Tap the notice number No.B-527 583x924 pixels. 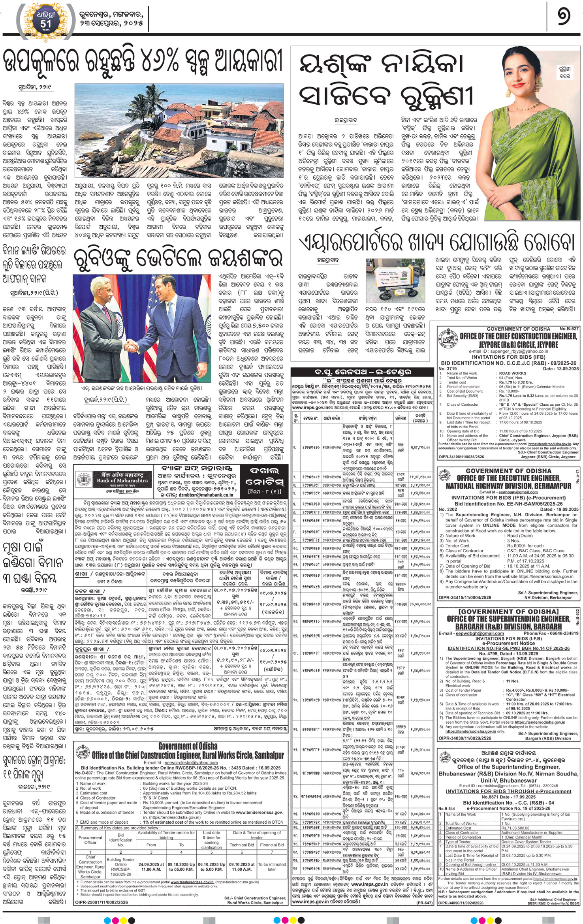(x=569, y=329)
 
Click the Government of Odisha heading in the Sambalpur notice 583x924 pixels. (x=188, y=746)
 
